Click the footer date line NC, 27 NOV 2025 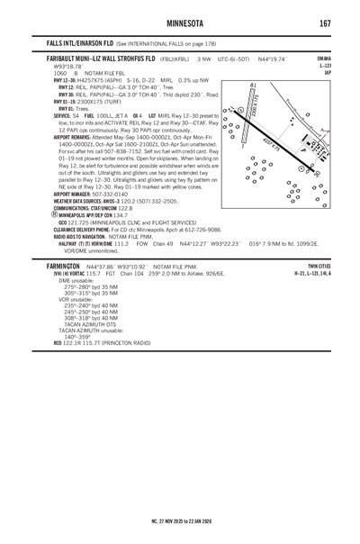[x=181, y=521]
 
